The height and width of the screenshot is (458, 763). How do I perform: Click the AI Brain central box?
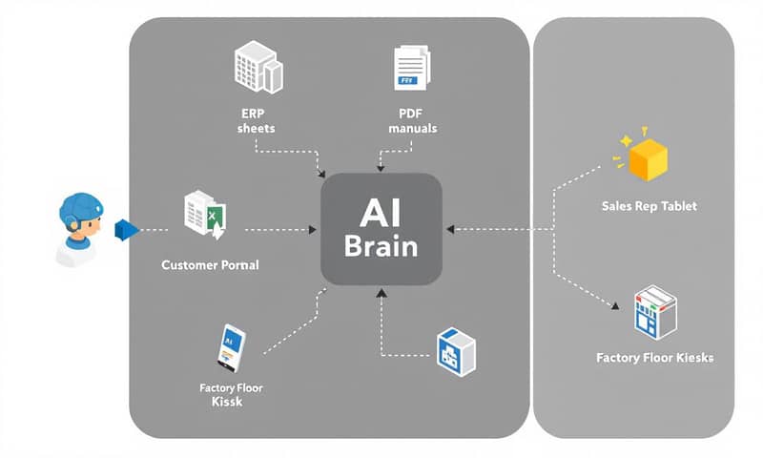click(x=381, y=229)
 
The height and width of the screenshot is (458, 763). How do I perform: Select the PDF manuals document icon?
click(x=408, y=70)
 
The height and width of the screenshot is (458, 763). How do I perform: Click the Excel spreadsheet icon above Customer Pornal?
click(x=204, y=214)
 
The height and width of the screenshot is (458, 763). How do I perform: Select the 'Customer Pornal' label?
click(x=211, y=264)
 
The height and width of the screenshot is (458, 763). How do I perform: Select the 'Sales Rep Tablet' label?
click(x=650, y=206)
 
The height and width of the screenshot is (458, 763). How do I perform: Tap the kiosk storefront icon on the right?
click(x=655, y=310)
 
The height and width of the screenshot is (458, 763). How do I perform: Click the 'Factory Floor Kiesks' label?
click(x=654, y=358)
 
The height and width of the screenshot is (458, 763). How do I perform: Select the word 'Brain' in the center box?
click(x=381, y=246)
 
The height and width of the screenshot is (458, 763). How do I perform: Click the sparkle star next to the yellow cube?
click(x=626, y=141)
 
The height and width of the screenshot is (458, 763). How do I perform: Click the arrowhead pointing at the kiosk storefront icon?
click(x=616, y=307)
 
